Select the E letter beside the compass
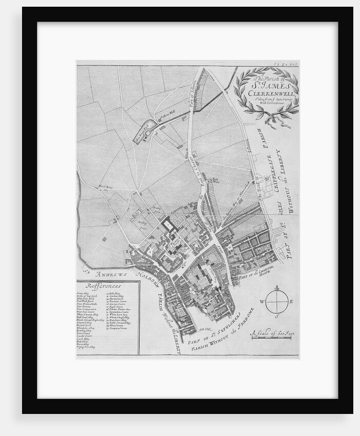tap(292, 303)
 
